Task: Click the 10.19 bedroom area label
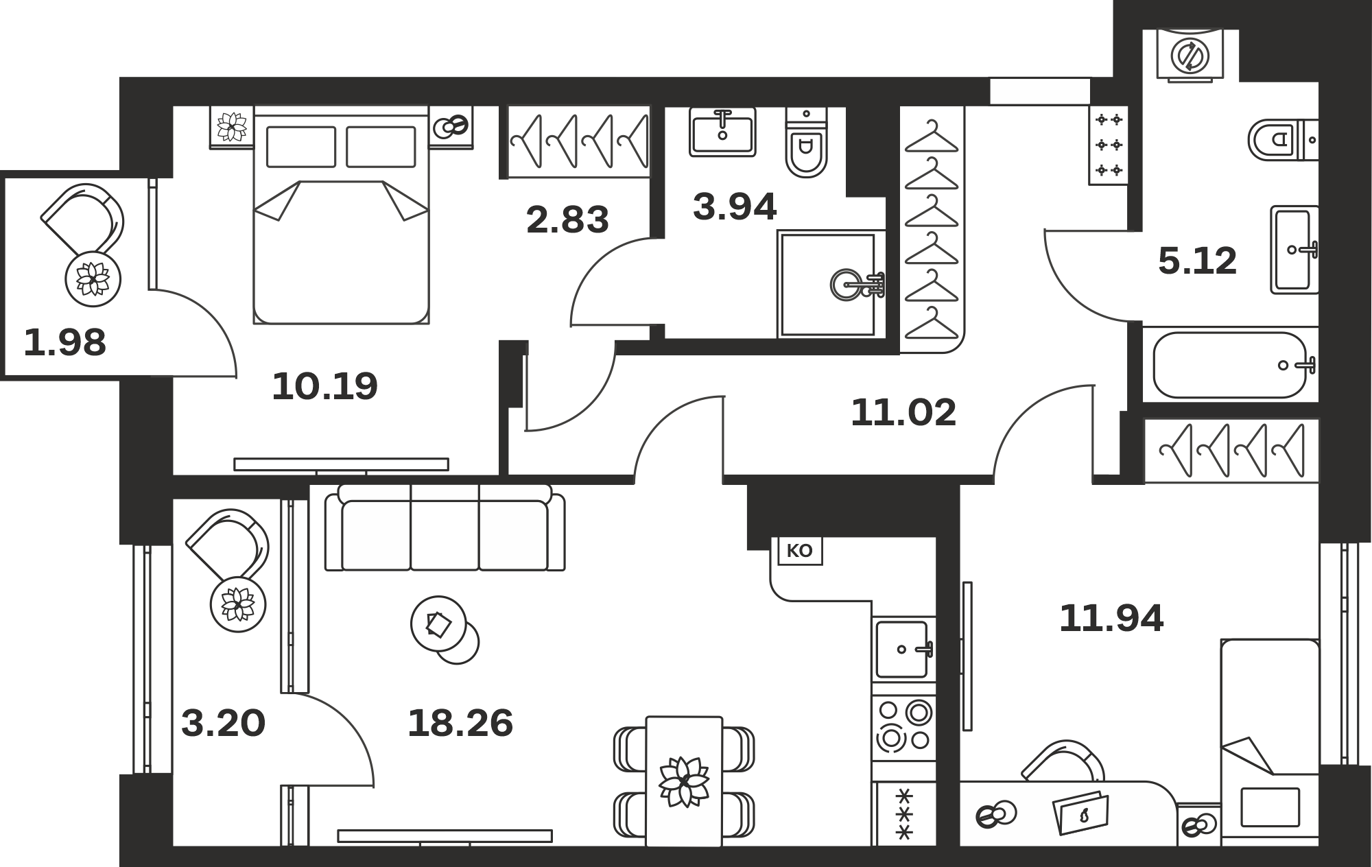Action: coord(324,386)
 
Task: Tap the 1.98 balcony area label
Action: coord(65,343)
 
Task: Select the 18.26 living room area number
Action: coord(460,724)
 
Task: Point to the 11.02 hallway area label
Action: coord(903,413)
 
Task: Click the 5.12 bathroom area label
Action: coord(1198,261)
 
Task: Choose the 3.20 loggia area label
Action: coord(223,724)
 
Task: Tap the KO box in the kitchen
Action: coord(799,551)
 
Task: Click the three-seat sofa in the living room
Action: coord(445,527)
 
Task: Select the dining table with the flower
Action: coord(684,781)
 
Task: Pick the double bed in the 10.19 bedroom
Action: coord(341,214)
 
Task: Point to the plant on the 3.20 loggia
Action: coord(238,604)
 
